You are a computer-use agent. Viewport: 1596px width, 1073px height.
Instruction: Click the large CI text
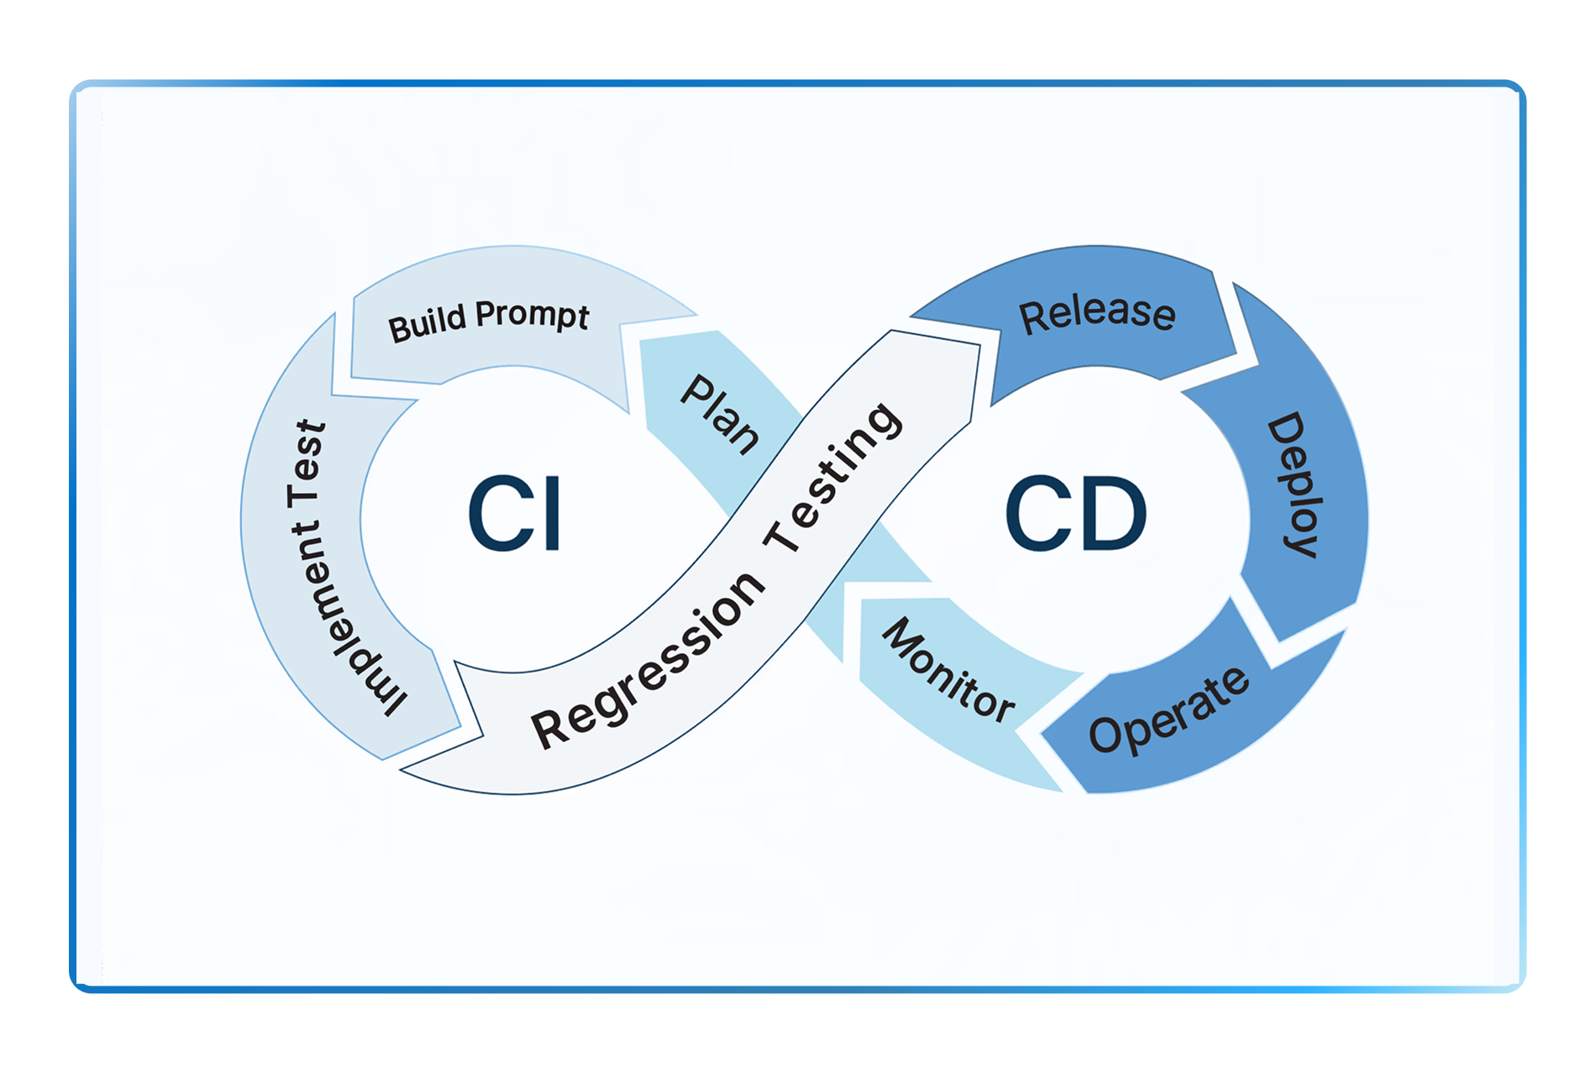[514, 514]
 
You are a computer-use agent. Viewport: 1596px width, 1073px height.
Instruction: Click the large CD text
[1076, 514]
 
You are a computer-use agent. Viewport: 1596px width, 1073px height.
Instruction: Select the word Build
[427, 324]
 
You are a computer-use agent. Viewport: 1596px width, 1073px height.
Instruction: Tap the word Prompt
[532, 316]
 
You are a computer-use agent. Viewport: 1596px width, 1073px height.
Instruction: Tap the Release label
[1097, 314]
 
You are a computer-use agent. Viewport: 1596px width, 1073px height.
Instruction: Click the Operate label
[1168, 710]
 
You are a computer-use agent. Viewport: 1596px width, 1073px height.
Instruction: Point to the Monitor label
[948, 670]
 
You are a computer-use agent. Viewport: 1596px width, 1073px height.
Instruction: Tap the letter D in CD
[1112, 514]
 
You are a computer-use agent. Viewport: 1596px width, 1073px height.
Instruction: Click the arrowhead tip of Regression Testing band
[979, 345]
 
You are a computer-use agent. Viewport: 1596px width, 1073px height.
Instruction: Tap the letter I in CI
[551, 514]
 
